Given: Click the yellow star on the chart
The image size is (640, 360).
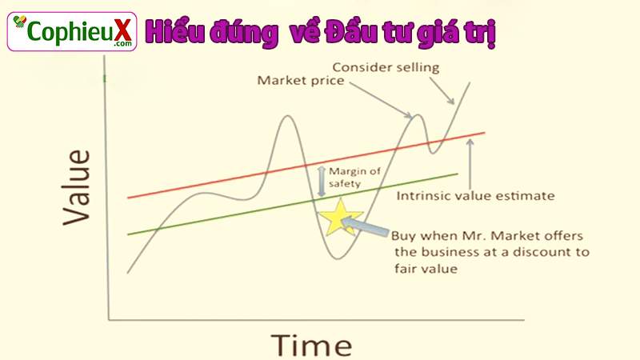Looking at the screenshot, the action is click(339, 218).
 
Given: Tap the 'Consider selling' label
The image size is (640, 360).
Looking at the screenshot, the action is click(386, 67).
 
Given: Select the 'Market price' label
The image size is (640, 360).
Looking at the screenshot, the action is click(301, 81).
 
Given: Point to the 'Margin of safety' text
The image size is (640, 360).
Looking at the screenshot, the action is click(354, 177).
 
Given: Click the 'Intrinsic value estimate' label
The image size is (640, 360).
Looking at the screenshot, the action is click(475, 195).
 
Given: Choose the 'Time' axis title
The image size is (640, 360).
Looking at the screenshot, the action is click(311, 346).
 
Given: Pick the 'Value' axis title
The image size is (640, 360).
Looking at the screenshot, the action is click(76, 187).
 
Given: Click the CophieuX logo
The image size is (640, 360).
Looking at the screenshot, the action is click(72, 31).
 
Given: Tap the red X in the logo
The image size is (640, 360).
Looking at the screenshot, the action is click(122, 30).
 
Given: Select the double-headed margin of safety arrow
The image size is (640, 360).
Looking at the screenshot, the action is click(322, 182).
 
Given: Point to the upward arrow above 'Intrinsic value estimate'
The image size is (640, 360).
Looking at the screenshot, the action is click(470, 164).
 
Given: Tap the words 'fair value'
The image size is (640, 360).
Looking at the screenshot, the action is click(426, 269).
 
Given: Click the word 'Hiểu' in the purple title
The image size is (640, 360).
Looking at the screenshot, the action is click(169, 32).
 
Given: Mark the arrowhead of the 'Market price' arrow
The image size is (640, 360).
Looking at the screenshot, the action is click(409, 115).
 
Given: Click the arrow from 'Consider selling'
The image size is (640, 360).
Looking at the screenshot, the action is click(442, 90).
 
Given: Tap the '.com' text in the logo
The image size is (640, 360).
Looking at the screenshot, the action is click(123, 44).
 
